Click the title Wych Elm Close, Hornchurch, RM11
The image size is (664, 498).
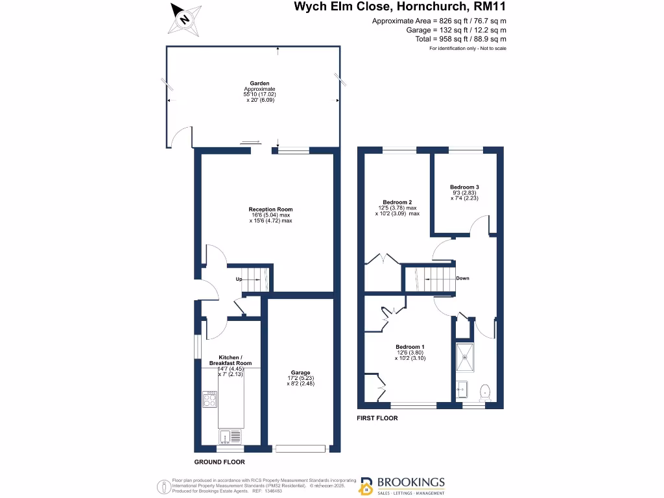coord(400,8)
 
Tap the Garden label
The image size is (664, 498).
coord(260,84)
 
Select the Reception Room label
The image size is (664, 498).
coord(270,209)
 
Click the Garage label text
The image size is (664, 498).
coord(300,373)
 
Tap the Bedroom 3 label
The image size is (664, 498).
coord(464,187)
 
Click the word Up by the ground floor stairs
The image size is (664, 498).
coord(239,279)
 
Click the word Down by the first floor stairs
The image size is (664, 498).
coord(462,278)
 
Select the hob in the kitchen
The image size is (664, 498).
coord(210,399)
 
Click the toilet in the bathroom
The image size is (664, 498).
coord(484,391)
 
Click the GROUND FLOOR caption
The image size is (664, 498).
coord(220,462)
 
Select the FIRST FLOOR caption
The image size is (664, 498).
coord(377,418)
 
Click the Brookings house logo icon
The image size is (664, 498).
coord(366,486)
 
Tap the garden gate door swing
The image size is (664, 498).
coord(182,137)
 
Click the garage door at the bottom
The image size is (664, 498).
coord(300,448)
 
